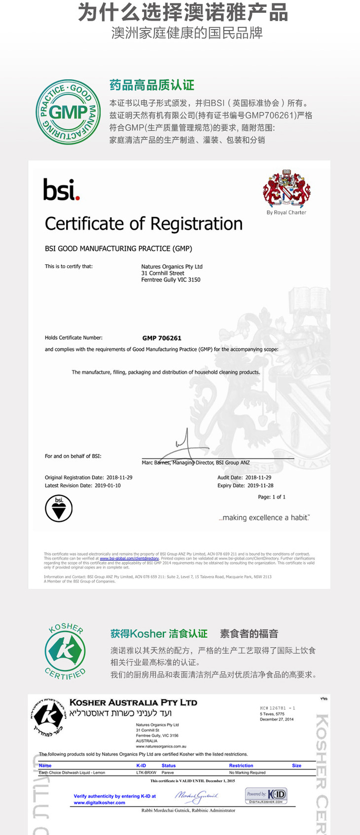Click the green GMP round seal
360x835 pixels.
[x=65, y=112]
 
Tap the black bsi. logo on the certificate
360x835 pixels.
[x=61, y=189]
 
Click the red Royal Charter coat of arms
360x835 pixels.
[x=286, y=189]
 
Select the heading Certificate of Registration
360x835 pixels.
[x=144, y=224]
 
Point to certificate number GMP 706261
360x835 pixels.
[x=162, y=338]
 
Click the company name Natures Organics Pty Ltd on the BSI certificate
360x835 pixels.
[x=172, y=266]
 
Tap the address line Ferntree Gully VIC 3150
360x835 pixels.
[x=171, y=280]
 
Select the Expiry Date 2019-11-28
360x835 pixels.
[x=260, y=485]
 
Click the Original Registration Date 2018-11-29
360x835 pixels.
[x=119, y=477]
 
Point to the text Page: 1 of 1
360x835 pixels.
[x=272, y=497]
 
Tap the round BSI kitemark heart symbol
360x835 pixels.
[x=59, y=508]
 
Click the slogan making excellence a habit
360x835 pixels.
[x=264, y=517]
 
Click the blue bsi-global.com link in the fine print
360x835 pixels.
[x=129, y=558]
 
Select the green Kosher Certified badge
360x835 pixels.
[x=65, y=651]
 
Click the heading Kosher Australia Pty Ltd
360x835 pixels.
[x=133, y=702]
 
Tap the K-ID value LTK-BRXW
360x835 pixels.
[x=146, y=772]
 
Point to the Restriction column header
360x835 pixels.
[x=241, y=765]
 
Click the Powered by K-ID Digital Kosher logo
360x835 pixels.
[x=266, y=795]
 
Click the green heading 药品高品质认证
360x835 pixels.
[x=152, y=85]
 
